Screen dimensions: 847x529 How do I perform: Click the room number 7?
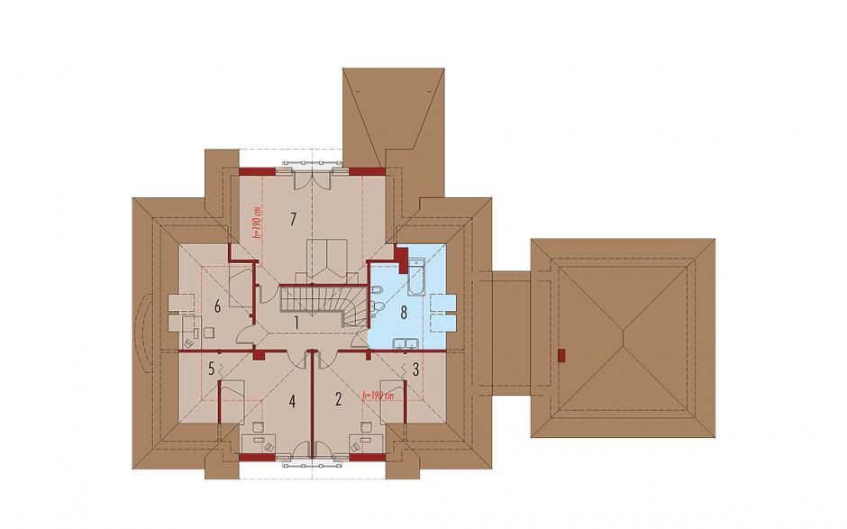pos(293,219)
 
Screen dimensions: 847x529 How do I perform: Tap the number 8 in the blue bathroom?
pos(404,313)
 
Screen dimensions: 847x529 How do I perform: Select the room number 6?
pos(217,307)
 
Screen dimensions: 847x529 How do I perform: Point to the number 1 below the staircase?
pos(296,324)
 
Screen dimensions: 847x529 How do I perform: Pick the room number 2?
pos(338,400)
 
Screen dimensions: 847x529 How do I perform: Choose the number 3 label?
pos(415,370)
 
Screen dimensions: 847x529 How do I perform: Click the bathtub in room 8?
pos(416,278)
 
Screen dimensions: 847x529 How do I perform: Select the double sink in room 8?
pos(405,343)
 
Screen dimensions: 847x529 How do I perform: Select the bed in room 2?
pos(393,402)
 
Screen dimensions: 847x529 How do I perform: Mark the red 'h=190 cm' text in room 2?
pos(378,396)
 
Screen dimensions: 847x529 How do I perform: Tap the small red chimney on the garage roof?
pos(561,357)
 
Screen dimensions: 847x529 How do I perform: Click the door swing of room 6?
pos(245,335)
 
